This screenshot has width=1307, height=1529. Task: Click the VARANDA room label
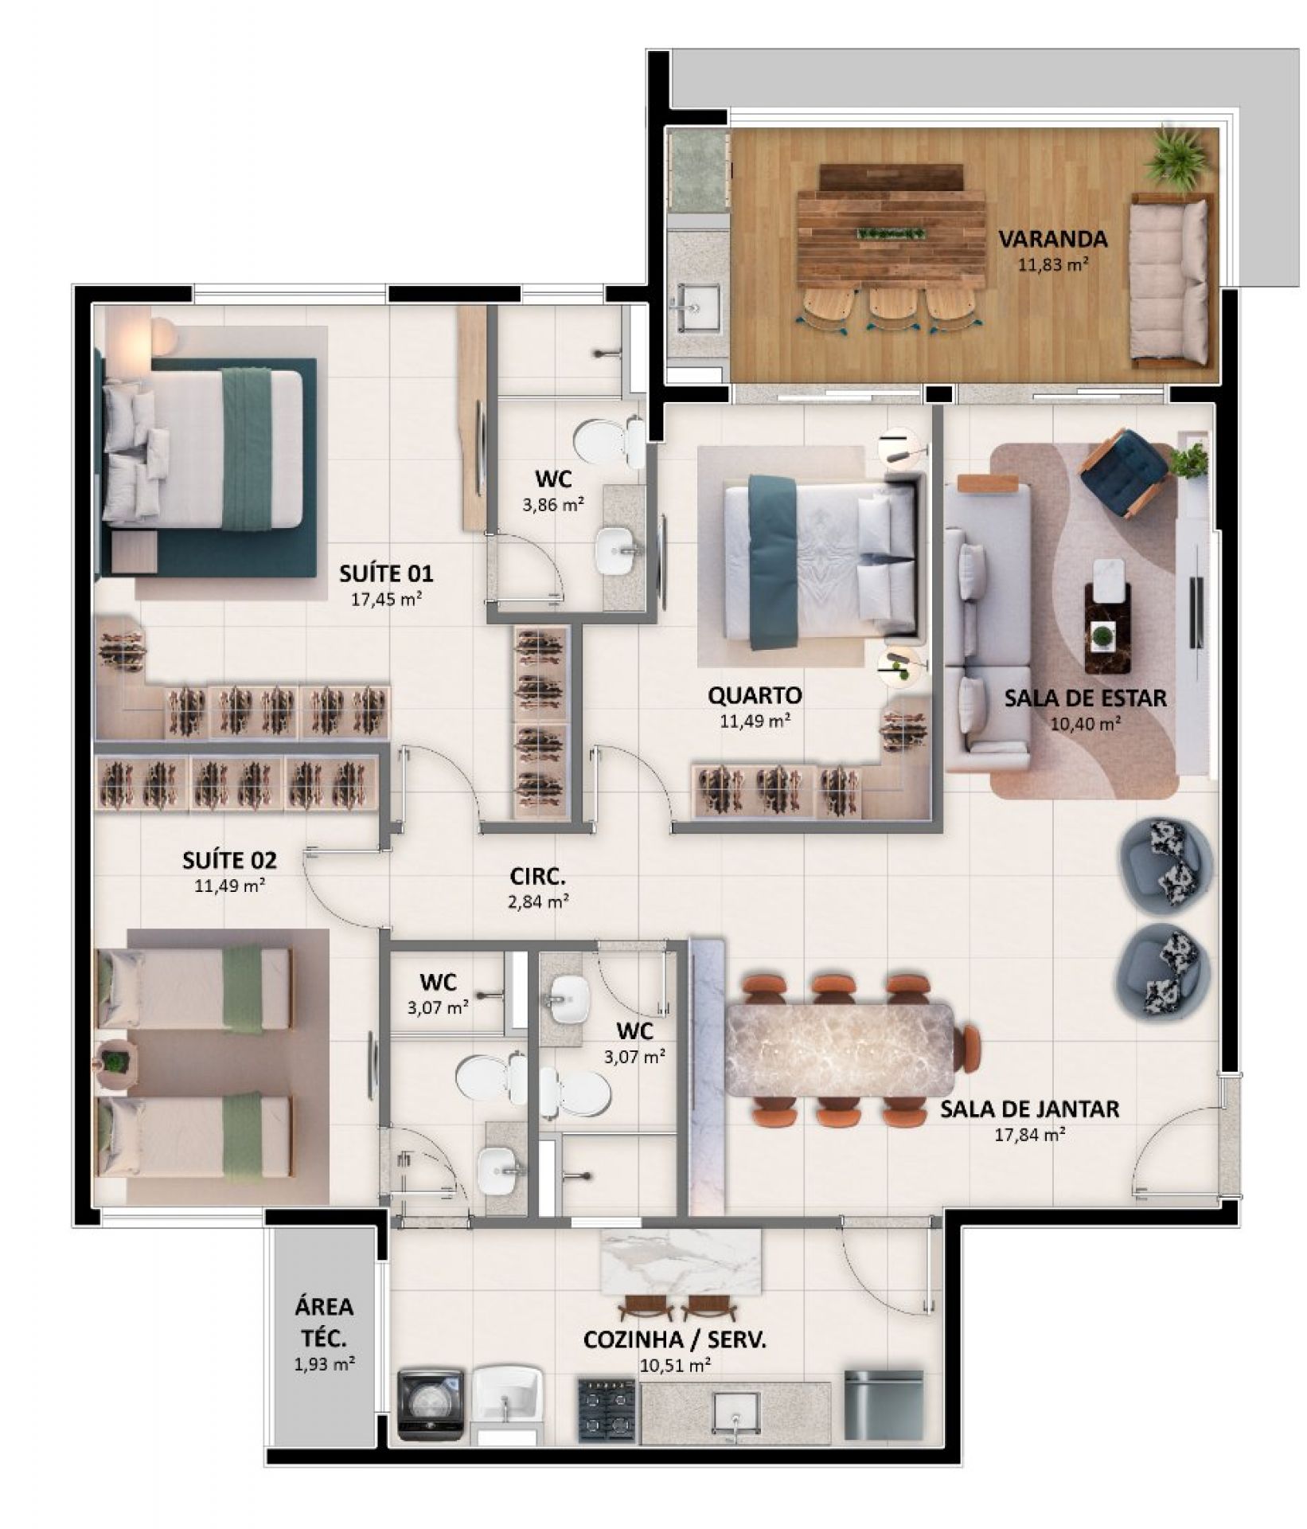click(x=1052, y=238)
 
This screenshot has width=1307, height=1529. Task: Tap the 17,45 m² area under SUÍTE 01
click(x=386, y=599)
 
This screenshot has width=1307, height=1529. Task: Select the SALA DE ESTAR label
click(x=1085, y=698)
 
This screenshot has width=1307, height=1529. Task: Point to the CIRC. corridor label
click(x=538, y=878)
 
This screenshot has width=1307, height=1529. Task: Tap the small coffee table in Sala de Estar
click(x=1107, y=617)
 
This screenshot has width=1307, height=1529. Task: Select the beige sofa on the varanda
click(x=1169, y=280)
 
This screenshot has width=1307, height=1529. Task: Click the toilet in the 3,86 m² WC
click(x=609, y=441)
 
